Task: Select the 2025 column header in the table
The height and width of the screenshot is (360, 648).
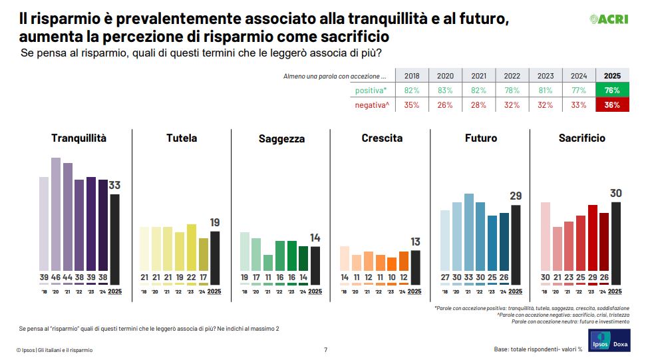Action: pos(612,76)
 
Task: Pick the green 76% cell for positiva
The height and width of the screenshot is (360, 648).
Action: pos(612,90)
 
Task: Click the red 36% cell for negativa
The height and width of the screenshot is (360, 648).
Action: pos(612,104)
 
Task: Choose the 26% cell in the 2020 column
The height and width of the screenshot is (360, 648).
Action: pos(445,104)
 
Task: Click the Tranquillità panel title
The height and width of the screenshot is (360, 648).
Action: pos(79,138)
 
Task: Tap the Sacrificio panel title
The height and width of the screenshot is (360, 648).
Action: pos(581,138)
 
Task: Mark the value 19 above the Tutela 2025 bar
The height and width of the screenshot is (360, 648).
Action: pos(214,222)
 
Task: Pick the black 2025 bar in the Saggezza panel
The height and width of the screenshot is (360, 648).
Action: pos(315,264)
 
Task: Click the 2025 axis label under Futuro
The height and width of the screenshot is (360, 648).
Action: pos(514,291)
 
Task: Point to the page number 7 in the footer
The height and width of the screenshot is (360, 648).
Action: pos(325,349)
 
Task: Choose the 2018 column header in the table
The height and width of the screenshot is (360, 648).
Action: pos(412,76)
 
